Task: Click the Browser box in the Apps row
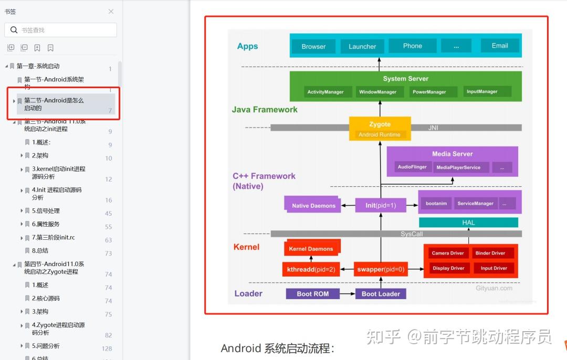[x=313, y=46]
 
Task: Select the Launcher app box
[x=362, y=46]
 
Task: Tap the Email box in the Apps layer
[x=500, y=46]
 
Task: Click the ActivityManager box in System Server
[x=325, y=92]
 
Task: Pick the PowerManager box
[x=429, y=92]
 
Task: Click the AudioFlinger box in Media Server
[x=412, y=167]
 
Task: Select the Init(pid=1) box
[x=381, y=205]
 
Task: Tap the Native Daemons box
[x=313, y=205]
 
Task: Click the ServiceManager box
[x=475, y=203]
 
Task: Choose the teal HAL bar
[x=468, y=223]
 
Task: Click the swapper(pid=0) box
[x=381, y=269]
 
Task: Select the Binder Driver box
[x=490, y=253]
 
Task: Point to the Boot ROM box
[x=312, y=294]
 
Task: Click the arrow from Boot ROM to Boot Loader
[x=347, y=294]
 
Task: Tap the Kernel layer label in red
[x=246, y=247]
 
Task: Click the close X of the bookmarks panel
[x=111, y=12]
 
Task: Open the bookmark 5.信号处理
[x=46, y=211]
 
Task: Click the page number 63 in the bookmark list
[x=109, y=240]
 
